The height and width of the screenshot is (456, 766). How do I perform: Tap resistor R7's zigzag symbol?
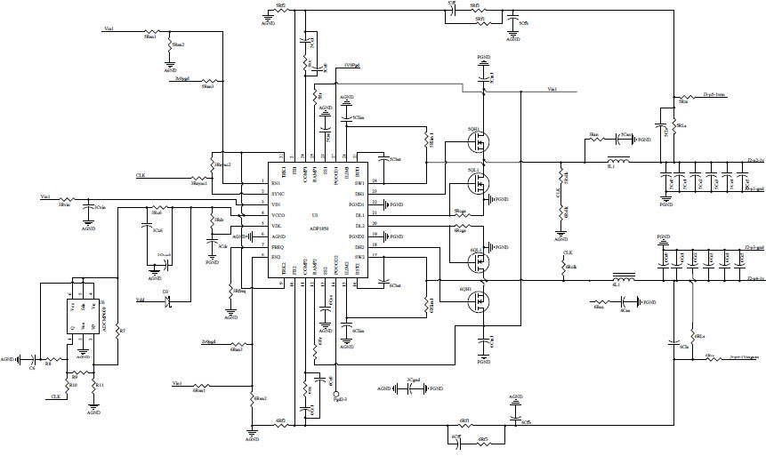(117, 330)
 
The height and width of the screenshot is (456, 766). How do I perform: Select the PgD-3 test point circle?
(336, 392)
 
